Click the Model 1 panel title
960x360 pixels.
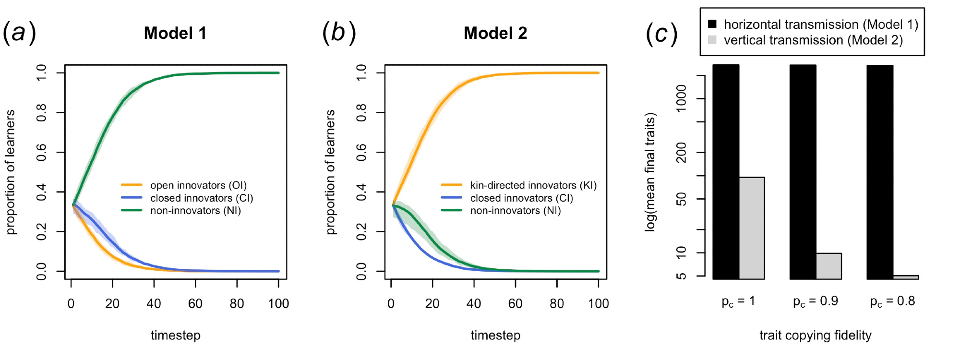[x=175, y=33]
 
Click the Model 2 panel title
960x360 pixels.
[x=495, y=33]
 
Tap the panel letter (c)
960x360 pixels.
[x=661, y=34]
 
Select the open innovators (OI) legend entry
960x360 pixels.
[x=198, y=185]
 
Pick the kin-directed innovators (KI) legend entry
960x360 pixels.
[x=533, y=185]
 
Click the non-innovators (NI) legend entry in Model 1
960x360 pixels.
[x=195, y=211]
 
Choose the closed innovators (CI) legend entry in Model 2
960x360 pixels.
[x=521, y=198]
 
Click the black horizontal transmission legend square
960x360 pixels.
[x=712, y=24]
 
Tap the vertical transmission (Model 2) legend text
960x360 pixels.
[x=813, y=40]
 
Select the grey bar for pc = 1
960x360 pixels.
[x=752, y=228]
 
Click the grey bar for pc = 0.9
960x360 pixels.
[x=829, y=266]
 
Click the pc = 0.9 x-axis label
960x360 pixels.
[x=816, y=301]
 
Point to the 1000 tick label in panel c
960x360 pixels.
[x=681, y=98]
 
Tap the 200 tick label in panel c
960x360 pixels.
[x=681, y=153]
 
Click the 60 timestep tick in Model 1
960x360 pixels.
[x=195, y=304]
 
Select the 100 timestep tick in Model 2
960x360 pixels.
[x=599, y=304]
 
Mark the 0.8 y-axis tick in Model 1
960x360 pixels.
[x=42, y=113]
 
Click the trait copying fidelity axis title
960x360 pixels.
[x=816, y=336]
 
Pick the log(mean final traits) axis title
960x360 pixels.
[x=650, y=172]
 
